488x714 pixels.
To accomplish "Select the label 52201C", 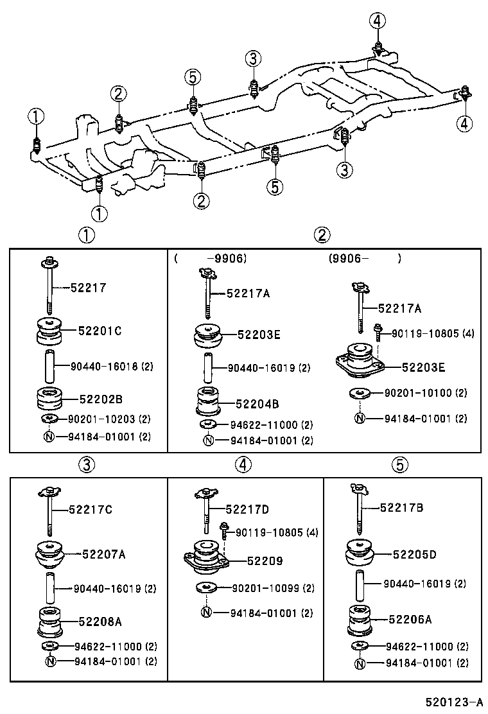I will click(100, 331).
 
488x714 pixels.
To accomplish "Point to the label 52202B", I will click(100, 398).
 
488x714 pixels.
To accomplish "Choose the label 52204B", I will click(257, 405).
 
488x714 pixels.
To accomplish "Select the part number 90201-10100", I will click(417, 392).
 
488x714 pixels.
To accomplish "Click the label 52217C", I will click(91, 510).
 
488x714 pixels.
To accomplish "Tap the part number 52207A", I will click(103, 553).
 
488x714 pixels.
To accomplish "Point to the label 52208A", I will click(100, 622).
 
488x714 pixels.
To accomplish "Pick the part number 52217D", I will click(247, 509).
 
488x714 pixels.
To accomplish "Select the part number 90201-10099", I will click(264, 588).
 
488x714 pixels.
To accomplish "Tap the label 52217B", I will click(401, 507).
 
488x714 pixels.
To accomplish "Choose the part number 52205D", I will click(414, 553).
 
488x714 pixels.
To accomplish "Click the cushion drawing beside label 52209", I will click(206, 555).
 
